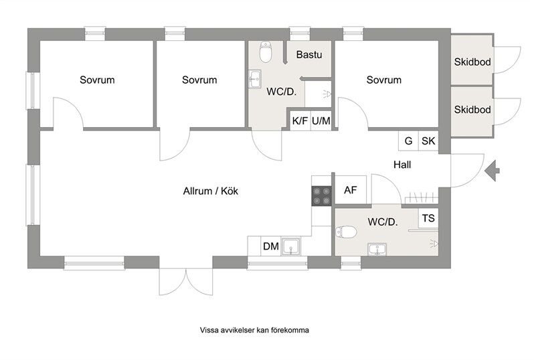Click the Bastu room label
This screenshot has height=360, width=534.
309,54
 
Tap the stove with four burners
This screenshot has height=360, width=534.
321,196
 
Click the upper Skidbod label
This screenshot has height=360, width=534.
472,62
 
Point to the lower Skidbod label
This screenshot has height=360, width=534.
472,110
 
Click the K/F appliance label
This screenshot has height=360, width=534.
300,120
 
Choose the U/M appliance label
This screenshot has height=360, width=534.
321,120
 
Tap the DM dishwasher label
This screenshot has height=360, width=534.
271,246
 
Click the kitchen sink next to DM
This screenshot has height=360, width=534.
290,246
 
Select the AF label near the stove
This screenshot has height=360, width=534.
351,190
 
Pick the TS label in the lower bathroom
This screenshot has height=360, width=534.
428,218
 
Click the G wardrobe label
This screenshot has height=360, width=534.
408,141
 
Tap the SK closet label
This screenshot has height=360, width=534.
428,141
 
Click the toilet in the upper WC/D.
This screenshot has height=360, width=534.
266,52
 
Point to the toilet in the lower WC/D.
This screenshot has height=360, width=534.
346,232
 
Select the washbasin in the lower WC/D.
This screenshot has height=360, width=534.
377,250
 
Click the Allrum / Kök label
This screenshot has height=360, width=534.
211,191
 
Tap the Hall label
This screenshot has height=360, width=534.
402,165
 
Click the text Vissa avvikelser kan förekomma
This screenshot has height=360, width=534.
254,330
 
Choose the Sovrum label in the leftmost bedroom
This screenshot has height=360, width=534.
97,80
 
